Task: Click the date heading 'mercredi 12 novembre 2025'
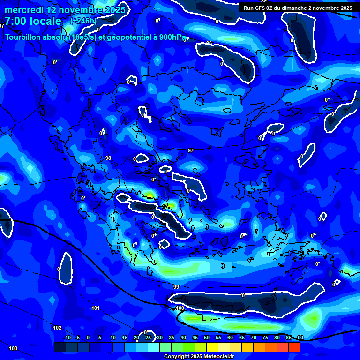(x=65, y=10)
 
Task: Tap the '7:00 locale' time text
(x=33, y=21)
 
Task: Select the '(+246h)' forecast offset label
(x=83, y=21)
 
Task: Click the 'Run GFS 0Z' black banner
(x=297, y=8)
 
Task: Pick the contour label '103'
(x=13, y=348)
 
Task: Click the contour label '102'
(x=57, y=328)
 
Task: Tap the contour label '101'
(x=96, y=308)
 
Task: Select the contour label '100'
(x=180, y=308)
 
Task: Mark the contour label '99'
(x=176, y=287)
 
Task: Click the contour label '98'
(x=108, y=158)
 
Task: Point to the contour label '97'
(x=191, y=150)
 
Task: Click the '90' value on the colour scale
(x=300, y=337)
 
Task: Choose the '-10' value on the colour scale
(x=67, y=337)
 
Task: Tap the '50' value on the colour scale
(x=206, y=337)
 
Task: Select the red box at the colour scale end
(x=294, y=347)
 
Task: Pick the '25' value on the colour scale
(x=148, y=337)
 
